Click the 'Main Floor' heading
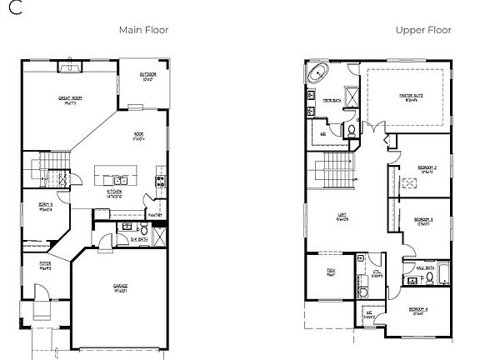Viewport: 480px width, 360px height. click(x=143, y=30)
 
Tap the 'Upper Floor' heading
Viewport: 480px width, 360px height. click(x=422, y=30)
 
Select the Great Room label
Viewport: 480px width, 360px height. click(x=69, y=99)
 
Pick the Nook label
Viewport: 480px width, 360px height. click(x=138, y=135)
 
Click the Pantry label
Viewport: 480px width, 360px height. click(x=154, y=213)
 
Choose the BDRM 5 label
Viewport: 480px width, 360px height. click(x=45, y=206)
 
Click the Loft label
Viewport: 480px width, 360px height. click(x=342, y=218)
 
